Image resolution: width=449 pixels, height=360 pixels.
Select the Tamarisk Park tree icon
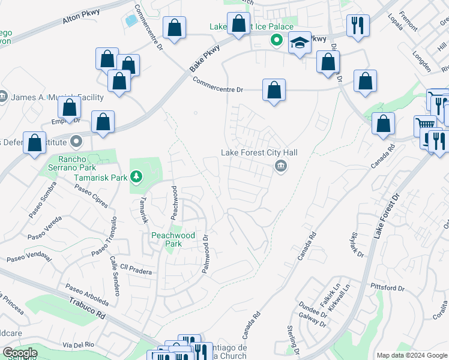[x=137, y=176]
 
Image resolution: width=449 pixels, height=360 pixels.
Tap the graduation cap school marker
[x=300, y=43]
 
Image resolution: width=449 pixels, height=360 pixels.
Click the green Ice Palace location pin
[x=276, y=41]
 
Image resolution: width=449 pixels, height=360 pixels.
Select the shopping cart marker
[x=425, y=125]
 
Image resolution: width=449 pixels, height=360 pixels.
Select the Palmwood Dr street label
[x=206, y=254]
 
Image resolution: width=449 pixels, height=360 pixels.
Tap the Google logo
[x=20, y=353]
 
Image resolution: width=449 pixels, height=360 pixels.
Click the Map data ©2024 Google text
[x=411, y=355]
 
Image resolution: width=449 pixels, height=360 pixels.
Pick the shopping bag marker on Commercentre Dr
[x=274, y=91]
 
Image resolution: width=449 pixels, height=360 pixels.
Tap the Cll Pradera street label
[x=135, y=271]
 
